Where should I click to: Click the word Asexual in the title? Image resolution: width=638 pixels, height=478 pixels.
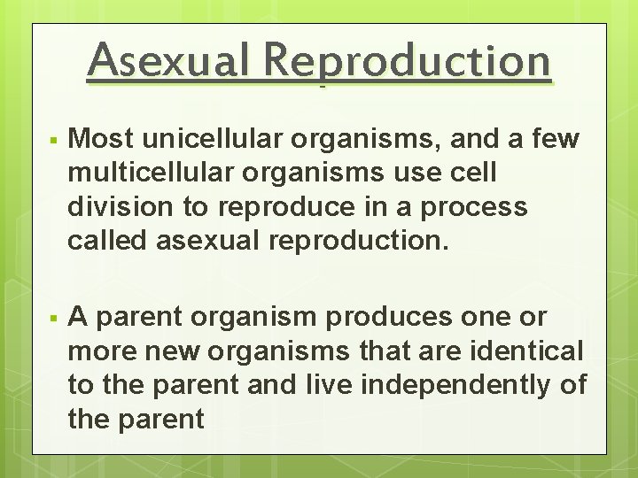pos(168,61)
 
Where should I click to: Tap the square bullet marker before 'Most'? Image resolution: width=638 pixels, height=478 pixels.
pos(54,141)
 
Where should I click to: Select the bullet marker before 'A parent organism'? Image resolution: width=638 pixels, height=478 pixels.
pos(54,318)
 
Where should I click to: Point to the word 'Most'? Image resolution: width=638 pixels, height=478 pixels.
pos(103,139)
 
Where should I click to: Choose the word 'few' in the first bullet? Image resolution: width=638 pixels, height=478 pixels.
pos(556,139)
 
